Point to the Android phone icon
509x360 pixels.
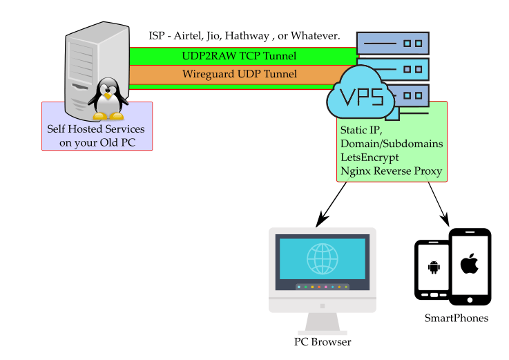[434, 267]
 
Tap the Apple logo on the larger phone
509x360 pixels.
[470, 264]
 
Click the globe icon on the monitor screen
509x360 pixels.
[322, 259]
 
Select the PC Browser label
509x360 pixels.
[323, 342]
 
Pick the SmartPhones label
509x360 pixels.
[457, 319]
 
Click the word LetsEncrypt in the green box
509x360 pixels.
[369, 158]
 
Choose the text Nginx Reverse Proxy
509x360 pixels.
[391, 171]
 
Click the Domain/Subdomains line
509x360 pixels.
[391, 144]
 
